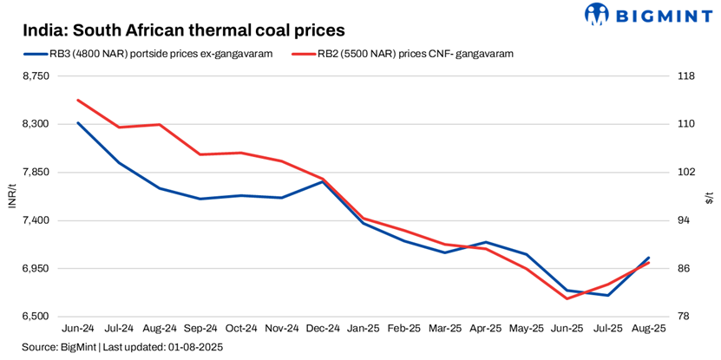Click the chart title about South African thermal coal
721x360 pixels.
coord(184,30)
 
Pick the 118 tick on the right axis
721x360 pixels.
coord(685,76)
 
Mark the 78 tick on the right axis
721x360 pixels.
coord(685,317)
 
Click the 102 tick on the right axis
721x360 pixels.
coord(685,173)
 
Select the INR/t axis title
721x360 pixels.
coord(12,197)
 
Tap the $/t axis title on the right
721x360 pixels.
coord(709,197)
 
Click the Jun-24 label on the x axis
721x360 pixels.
coord(78,330)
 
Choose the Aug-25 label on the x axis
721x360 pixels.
coord(648,330)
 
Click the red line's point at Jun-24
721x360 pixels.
coord(78,100)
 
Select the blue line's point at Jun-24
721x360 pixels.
coord(78,122)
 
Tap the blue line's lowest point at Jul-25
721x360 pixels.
coord(608,295)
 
